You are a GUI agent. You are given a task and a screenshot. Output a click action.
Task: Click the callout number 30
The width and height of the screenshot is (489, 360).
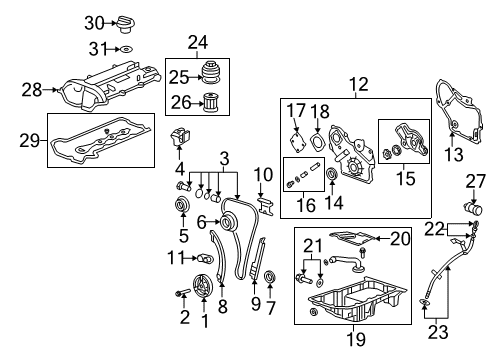click(x=93, y=22)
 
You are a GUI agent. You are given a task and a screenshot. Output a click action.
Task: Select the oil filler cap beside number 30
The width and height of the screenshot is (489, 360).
click(x=125, y=23)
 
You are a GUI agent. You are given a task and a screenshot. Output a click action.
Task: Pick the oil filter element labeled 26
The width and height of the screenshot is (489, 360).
click(x=211, y=102)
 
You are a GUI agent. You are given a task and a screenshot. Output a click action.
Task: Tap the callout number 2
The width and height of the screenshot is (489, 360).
click(x=184, y=319)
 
